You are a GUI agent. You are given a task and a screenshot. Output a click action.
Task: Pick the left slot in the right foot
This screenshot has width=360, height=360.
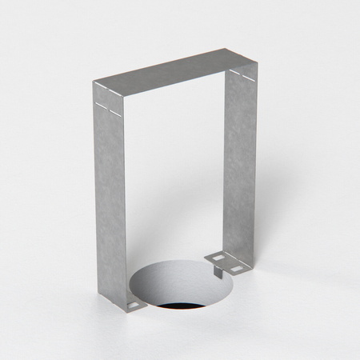click(x=215, y=256)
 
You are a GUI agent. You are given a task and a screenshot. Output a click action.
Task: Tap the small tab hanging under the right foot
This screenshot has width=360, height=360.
click(x=215, y=271)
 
